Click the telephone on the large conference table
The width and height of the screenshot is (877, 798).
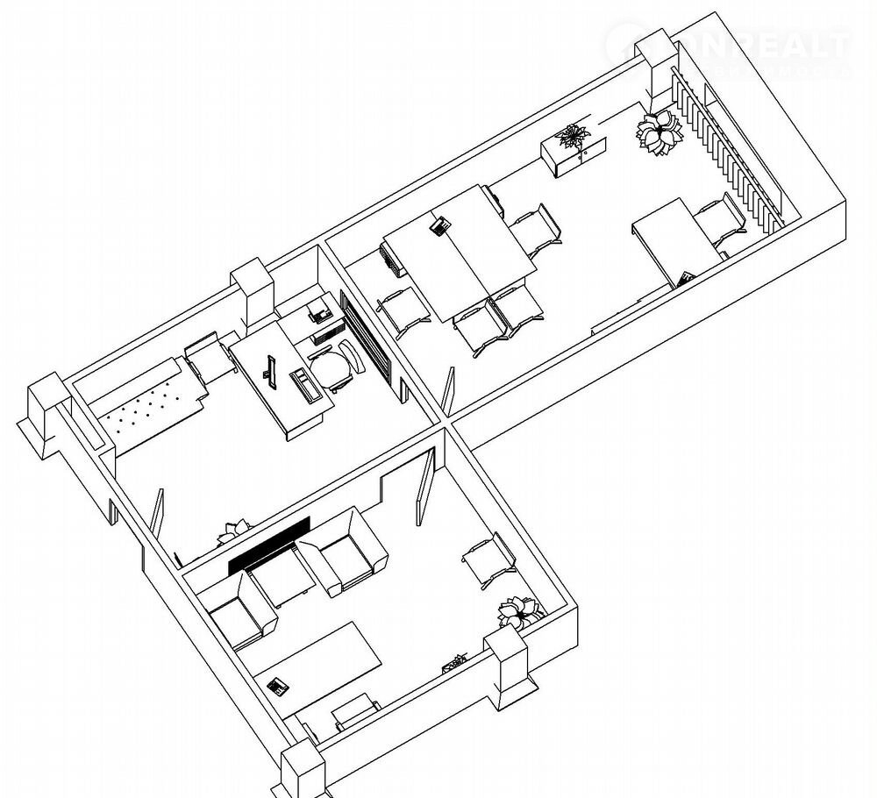click(x=440, y=225)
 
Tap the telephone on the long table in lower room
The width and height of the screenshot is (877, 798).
click(x=278, y=685)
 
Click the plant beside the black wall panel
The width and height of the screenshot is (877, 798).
click(x=235, y=529)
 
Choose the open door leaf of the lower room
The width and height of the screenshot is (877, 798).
click(x=424, y=487)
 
